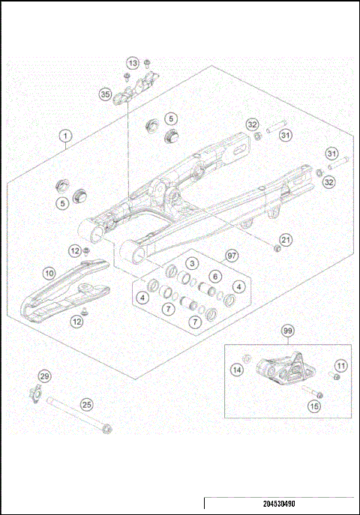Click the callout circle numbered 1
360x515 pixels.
(x=66, y=136)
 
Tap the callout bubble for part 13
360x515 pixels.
(x=133, y=62)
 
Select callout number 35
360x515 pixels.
(x=104, y=94)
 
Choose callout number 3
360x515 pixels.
(x=192, y=264)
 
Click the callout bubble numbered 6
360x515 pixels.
(x=214, y=276)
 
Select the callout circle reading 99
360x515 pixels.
(x=287, y=331)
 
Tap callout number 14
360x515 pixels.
(x=236, y=369)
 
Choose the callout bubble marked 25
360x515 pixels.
(x=87, y=405)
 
